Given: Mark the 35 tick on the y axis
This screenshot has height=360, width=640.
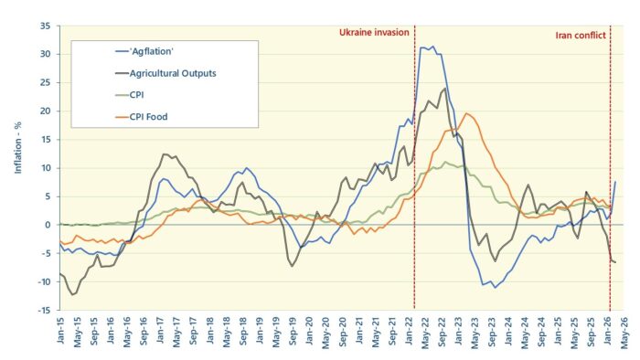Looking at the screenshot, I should tap(44, 26).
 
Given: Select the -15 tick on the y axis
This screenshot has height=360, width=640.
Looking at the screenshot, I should tap(42, 310).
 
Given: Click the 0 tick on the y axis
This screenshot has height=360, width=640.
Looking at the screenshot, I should tap(48, 225).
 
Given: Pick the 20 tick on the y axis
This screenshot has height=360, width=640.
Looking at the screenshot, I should tap(44, 111).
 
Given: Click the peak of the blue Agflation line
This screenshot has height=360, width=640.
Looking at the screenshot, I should tap(432, 46).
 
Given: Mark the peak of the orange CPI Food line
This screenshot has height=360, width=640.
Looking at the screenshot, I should tap(466, 113).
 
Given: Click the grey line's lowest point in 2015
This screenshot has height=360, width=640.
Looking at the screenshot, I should tap(72, 294).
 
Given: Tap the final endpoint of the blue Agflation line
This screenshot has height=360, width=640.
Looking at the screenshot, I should tap(615, 181).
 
